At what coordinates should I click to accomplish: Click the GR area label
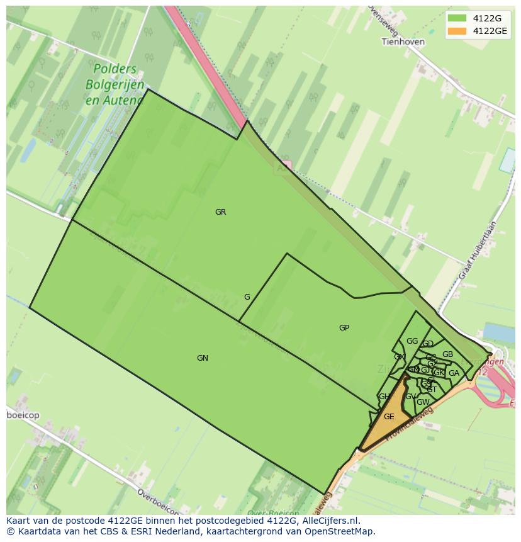pos(220,212)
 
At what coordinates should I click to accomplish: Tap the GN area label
pos(202,358)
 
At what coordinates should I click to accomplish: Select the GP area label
pos(344,328)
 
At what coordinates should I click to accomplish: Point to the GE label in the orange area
pos(389,417)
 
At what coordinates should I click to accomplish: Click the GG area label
pos(412,341)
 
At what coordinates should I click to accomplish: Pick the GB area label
pos(447,354)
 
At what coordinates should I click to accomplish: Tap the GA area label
pos(454,373)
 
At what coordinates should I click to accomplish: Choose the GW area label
pos(423,402)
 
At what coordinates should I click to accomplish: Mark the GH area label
pos(384,397)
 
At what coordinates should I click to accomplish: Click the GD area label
pos(428,344)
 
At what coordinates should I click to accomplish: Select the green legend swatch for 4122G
pos(457,18)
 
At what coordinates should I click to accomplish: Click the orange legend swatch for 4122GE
pos(457,31)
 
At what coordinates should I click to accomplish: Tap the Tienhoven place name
pos(403,42)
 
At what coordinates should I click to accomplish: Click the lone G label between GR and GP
pos(247,297)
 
